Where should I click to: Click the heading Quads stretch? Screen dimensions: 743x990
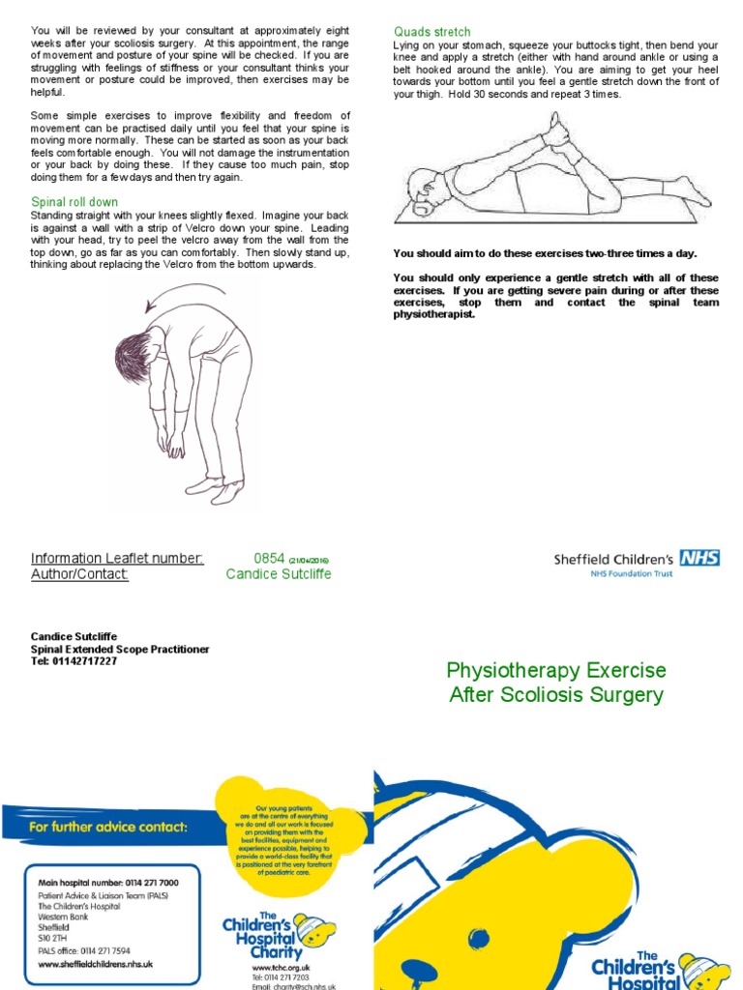(x=431, y=33)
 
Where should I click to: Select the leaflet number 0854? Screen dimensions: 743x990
(x=269, y=558)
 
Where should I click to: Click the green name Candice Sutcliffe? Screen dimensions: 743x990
(x=279, y=574)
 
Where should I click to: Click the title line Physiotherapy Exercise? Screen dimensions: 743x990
(x=555, y=671)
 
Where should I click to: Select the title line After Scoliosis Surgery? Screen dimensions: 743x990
(x=556, y=694)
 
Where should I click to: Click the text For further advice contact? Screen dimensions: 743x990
(x=108, y=827)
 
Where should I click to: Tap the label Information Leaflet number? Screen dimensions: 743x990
(x=117, y=558)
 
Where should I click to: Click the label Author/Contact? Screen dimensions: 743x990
(x=79, y=574)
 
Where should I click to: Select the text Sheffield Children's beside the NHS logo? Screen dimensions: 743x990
(x=613, y=559)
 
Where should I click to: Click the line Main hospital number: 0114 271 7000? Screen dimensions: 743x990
(x=107, y=883)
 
